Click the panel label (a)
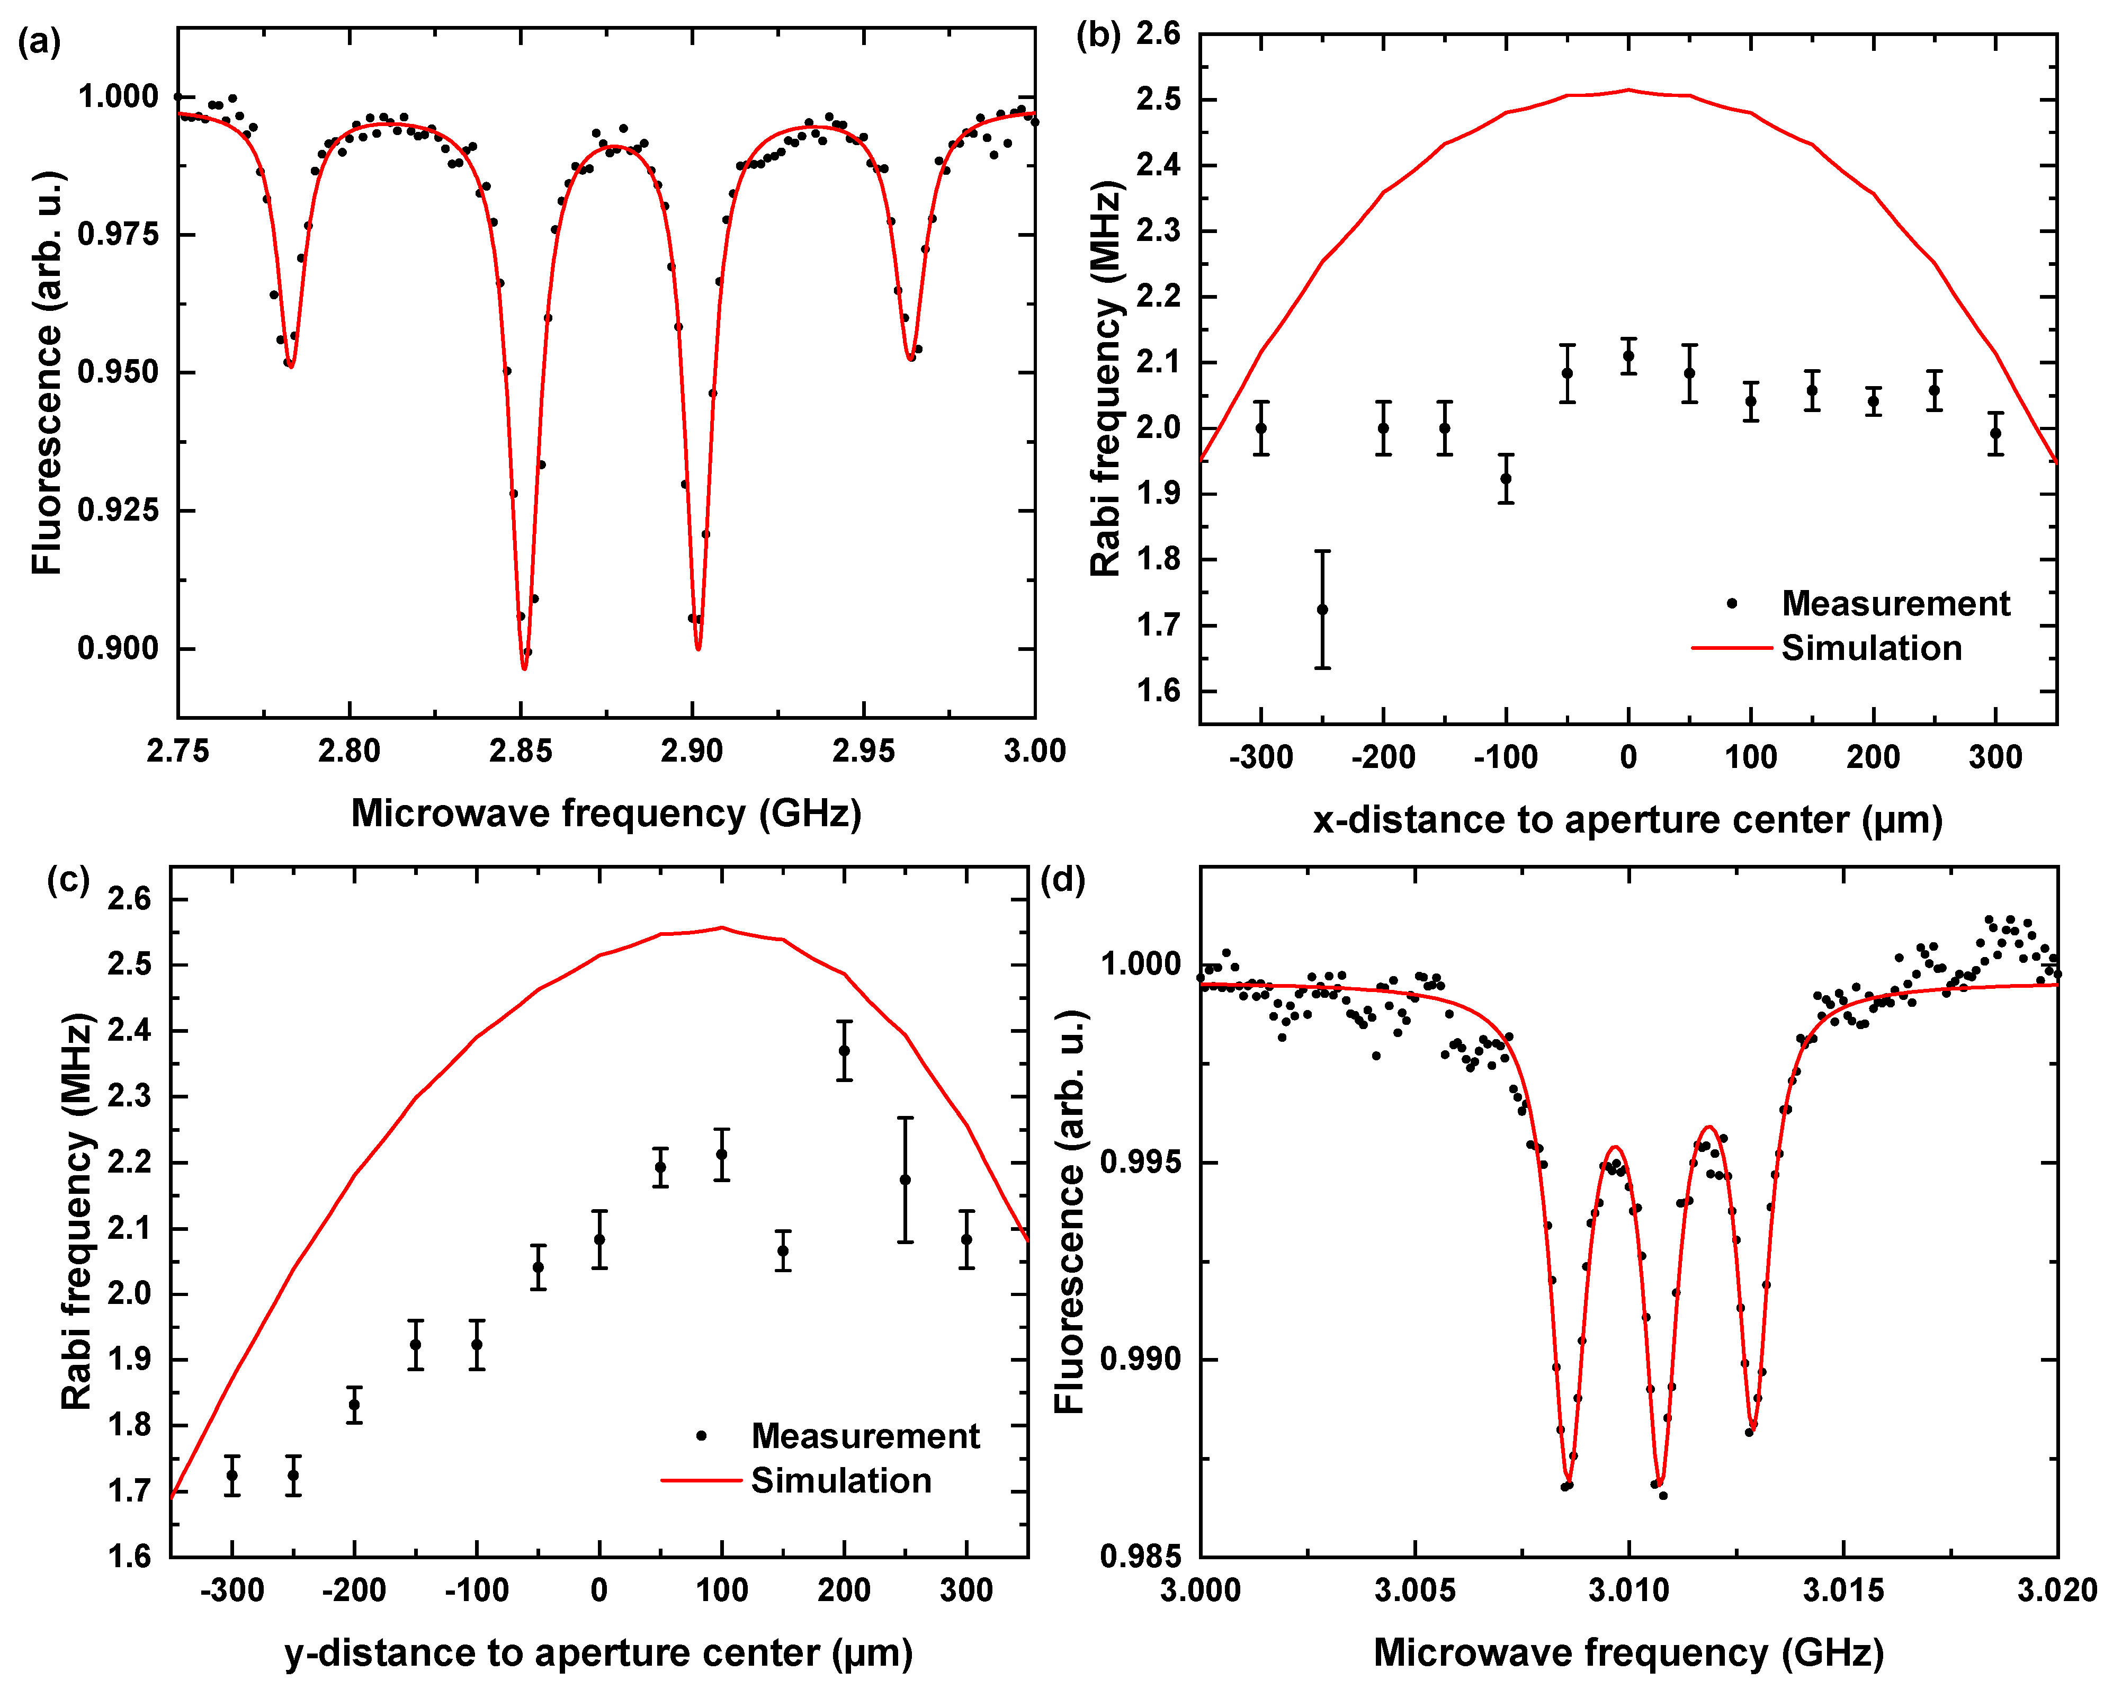(39, 43)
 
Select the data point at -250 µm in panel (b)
(1322, 610)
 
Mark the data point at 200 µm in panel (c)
(844, 1051)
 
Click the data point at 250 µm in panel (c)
(906, 1180)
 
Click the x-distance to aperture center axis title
(1627, 819)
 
